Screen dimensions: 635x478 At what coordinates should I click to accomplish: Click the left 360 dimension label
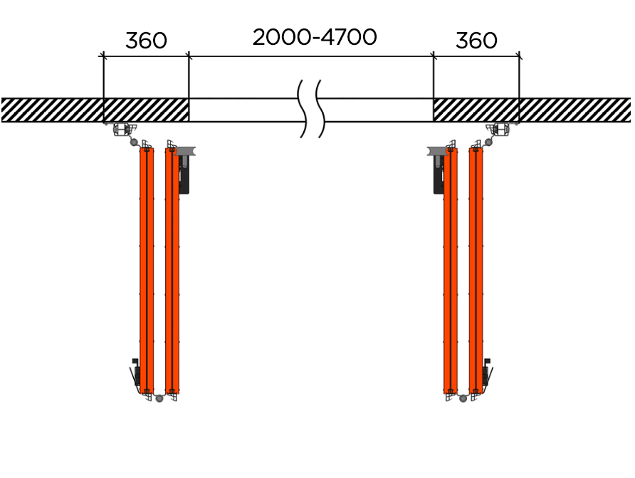pyautogui.click(x=146, y=40)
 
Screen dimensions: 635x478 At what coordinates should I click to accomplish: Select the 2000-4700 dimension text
pyautogui.click(x=315, y=37)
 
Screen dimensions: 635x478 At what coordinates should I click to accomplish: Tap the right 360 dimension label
pyautogui.click(x=476, y=40)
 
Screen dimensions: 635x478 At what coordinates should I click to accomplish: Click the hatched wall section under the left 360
pyautogui.click(x=146, y=110)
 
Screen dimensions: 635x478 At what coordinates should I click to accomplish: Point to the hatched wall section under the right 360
pyautogui.click(x=476, y=110)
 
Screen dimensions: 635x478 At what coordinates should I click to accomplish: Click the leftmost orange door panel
pyautogui.click(x=147, y=271)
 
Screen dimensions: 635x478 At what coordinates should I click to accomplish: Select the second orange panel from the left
pyautogui.click(x=172, y=271)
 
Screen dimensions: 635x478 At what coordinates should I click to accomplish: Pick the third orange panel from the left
pyautogui.click(x=451, y=271)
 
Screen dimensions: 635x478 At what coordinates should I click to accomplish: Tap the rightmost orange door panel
pyautogui.click(x=476, y=271)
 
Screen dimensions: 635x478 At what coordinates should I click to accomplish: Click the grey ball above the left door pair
pyautogui.click(x=134, y=142)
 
